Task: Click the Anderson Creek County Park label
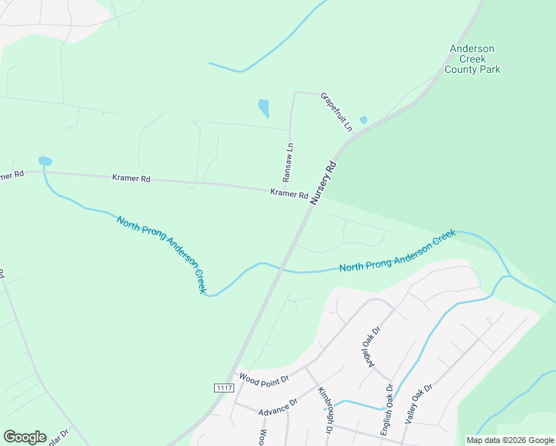click(472, 59)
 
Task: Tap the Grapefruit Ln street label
click(336, 111)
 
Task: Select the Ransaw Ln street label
click(288, 163)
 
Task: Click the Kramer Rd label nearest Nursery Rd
click(289, 194)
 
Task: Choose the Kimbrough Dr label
click(324, 410)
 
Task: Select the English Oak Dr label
click(387, 408)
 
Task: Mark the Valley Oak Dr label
click(418, 405)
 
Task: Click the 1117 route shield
click(224, 388)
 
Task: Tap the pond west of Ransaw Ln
click(263, 108)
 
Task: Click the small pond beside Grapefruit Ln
click(363, 120)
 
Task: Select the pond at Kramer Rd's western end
click(45, 161)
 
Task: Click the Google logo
click(25, 437)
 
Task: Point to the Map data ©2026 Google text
click(509, 440)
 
